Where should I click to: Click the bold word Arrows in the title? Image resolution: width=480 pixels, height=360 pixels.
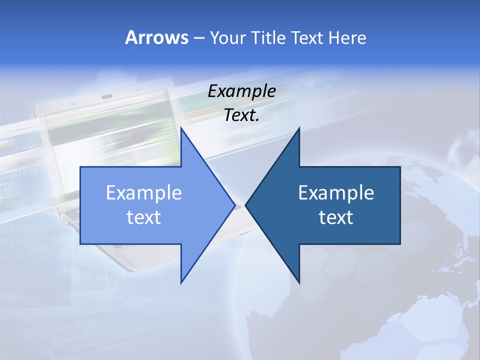[x=156, y=37]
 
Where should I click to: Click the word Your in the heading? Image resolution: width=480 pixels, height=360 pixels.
[x=227, y=37]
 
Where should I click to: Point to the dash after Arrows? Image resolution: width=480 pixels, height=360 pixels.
[x=198, y=38]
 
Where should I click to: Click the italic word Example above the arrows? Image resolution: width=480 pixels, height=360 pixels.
[x=241, y=91]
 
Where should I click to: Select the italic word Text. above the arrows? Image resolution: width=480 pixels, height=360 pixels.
[x=241, y=115]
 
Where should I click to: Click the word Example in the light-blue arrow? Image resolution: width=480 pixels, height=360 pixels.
[x=144, y=192]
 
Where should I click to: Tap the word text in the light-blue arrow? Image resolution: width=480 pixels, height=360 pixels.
[x=144, y=217]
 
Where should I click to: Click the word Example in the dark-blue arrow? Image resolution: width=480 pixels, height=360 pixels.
[x=336, y=192]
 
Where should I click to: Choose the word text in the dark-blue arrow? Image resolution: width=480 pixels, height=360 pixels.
[x=336, y=217]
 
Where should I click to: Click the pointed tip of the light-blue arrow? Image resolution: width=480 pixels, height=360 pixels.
[x=235, y=205]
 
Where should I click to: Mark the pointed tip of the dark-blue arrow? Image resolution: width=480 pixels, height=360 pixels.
[x=245, y=205]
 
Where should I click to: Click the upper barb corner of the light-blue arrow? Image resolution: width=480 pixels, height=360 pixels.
[x=181, y=128]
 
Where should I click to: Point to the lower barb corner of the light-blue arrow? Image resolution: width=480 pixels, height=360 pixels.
[x=181, y=283]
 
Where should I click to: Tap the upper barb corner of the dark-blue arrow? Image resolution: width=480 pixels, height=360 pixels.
[x=299, y=128]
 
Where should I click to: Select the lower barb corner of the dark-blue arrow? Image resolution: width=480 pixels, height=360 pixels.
[x=299, y=283]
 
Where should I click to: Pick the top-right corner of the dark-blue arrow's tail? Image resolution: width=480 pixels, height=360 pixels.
[x=400, y=167]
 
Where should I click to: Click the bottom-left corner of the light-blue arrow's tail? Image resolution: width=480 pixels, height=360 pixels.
[x=80, y=244]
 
